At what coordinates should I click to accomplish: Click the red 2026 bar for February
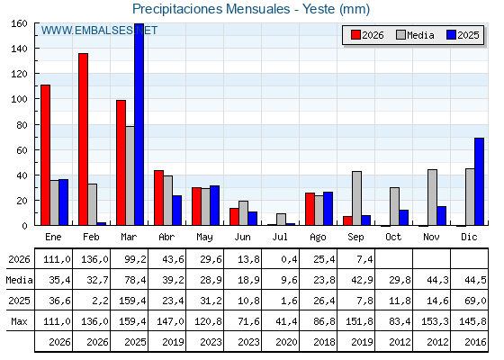tap(83, 139)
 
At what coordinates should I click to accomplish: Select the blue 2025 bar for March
tap(139, 124)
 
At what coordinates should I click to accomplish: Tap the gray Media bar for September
tap(356, 198)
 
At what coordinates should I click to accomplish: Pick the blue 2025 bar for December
tap(479, 182)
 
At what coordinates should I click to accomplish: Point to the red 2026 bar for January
tap(45, 155)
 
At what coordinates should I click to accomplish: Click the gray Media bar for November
tap(432, 197)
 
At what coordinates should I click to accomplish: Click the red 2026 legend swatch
tap(355, 35)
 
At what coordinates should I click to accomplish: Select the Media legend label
tap(420, 35)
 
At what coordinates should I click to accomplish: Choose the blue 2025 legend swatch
tap(451, 35)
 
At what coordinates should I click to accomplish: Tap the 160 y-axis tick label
tap(19, 23)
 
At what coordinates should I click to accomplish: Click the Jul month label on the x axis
tap(280, 237)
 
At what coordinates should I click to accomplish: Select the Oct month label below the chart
tap(393, 237)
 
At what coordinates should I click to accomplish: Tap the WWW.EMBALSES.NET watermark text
tap(99, 31)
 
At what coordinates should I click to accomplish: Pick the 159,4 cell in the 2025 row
tap(132, 301)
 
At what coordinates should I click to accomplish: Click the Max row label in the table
tap(19, 321)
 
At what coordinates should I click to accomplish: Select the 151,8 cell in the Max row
tap(359, 321)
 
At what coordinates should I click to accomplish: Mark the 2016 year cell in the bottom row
tap(475, 342)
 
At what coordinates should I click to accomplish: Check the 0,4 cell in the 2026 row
tap(289, 259)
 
